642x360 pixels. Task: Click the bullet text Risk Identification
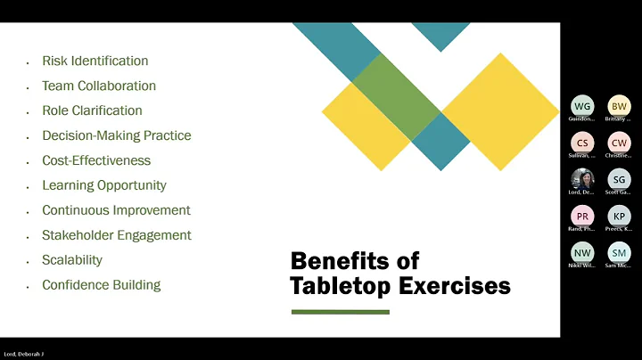pos(95,61)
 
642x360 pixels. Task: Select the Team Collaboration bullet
pos(98,86)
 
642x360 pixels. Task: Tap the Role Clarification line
pos(92,111)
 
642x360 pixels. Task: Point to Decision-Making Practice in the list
pos(116,136)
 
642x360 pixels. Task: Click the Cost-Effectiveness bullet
pos(96,161)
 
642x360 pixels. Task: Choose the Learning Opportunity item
pos(103,186)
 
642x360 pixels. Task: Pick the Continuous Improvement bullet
pos(116,211)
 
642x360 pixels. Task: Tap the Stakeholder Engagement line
pos(116,236)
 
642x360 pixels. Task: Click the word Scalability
pos(72,260)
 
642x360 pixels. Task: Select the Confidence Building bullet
pos(101,285)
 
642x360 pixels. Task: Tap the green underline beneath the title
pos(341,312)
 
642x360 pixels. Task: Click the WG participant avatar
pos(581,106)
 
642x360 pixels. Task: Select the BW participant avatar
pos(618,106)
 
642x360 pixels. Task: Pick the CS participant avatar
pos(581,143)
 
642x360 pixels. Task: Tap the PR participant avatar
pos(581,216)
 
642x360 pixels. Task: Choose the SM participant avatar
pos(618,252)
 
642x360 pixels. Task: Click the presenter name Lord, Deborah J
pos(23,354)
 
